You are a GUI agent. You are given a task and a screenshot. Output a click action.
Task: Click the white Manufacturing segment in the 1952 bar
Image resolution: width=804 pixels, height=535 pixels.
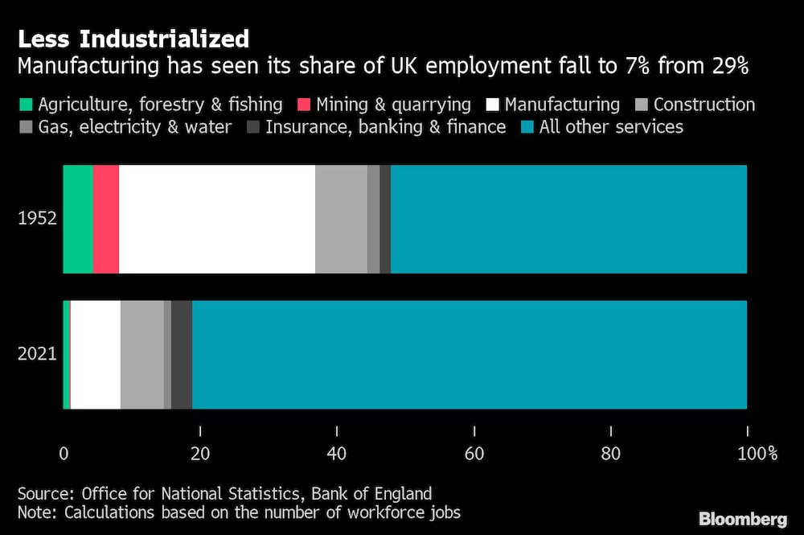(x=217, y=219)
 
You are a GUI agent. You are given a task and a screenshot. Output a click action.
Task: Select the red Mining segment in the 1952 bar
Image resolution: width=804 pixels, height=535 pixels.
(x=106, y=219)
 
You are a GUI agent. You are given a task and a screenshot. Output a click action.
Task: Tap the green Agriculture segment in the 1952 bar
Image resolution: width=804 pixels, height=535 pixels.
(x=78, y=219)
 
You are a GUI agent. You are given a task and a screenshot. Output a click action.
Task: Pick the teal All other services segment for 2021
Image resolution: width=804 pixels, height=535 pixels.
(x=470, y=355)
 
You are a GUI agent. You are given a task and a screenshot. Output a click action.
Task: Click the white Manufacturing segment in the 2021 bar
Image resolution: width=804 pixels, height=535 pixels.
(x=96, y=355)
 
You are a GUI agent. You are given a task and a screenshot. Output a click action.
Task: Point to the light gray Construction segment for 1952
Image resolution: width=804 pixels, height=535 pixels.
(x=341, y=219)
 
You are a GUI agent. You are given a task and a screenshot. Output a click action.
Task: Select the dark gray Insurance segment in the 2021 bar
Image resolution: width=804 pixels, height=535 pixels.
(x=182, y=355)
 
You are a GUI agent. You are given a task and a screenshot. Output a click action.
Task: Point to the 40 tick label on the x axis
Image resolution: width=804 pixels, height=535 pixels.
(x=337, y=453)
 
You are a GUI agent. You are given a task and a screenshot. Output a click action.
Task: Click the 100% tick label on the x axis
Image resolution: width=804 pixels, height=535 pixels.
(x=755, y=453)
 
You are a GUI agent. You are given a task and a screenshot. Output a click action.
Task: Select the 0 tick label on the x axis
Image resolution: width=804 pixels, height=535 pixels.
(x=64, y=453)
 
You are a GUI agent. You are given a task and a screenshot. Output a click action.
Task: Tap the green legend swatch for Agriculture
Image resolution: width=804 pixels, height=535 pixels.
(x=24, y=105)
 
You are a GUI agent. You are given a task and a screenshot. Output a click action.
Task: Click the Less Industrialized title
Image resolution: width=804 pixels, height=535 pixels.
(x=133, y=39)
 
